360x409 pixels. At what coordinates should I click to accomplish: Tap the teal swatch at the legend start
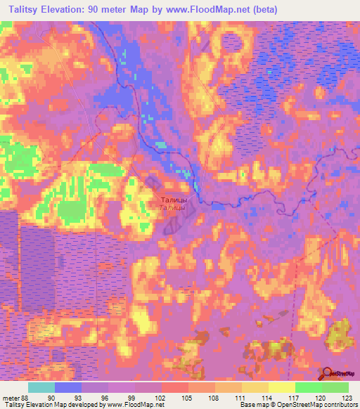[x=41, y=387]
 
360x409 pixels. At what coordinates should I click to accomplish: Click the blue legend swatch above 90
[x=68, y=387]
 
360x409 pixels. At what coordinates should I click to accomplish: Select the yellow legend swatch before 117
[x=282, y=387]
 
